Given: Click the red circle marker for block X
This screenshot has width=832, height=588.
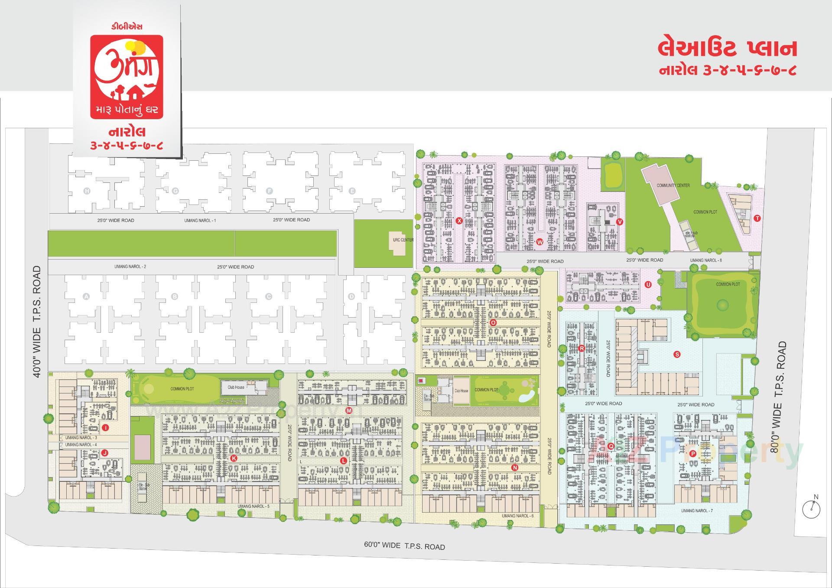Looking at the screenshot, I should tap(459, 221).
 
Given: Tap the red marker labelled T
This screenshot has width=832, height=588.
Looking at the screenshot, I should tap(757, 218).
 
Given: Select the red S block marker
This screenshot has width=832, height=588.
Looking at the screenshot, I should tap(677, 354).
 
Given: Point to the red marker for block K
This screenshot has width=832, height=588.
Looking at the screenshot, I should tap(234, 458).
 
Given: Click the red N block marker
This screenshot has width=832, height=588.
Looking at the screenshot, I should tap(515, 468).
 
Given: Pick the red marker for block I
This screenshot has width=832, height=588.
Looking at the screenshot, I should tap(105, 428).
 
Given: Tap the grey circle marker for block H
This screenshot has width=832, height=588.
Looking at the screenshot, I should tap(87, 191).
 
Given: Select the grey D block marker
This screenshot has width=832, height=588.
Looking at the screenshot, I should tap(351, 296).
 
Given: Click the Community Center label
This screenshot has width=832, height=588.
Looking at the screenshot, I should tap(673, 185).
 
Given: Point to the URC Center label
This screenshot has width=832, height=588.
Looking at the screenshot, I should tap(403, 240).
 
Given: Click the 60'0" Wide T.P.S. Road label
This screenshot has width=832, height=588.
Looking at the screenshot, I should tap(404, 546).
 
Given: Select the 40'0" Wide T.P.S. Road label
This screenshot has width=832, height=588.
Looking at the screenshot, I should tap(37, 321).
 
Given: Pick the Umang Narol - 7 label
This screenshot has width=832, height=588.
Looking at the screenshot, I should tap(697, 511).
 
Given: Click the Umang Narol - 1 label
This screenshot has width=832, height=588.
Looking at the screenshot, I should tap(200, 221).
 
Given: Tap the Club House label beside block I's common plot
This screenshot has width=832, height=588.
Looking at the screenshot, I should tap(236, 387).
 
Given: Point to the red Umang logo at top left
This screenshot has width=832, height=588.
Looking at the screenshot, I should tap(127, 77).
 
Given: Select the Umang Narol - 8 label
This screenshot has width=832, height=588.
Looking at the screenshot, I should tap(706, 260).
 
